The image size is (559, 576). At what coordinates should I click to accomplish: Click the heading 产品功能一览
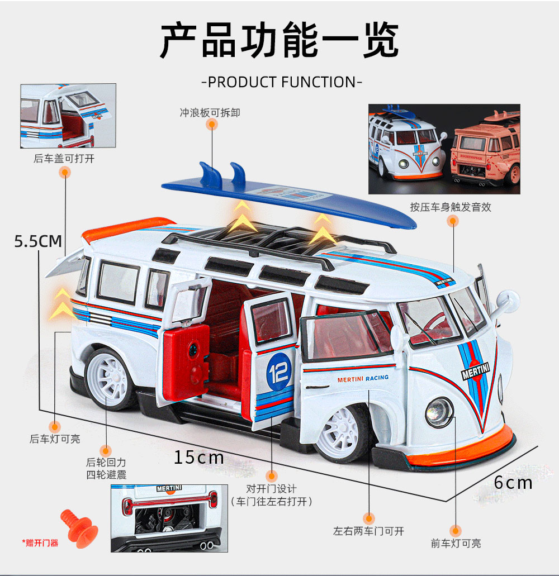tap(279, 40)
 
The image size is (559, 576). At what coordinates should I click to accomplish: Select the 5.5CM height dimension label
tap(38, 241)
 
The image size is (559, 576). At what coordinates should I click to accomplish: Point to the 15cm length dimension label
tap(198, 458)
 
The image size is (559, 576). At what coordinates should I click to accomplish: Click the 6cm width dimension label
tap(513, 482)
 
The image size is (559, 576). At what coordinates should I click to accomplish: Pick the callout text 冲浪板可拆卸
tap(210, 113)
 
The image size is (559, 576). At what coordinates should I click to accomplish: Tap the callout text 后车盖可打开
tap(64, 159)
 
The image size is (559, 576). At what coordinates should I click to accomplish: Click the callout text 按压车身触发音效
tap(451, 207)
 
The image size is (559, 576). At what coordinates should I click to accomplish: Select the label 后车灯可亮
tap(55, 439)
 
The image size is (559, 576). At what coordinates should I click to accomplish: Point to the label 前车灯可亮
tap(456, 543)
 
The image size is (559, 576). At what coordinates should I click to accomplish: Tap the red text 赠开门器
tap(41, 542)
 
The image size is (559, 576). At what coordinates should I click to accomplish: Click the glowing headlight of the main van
tap(439, 411)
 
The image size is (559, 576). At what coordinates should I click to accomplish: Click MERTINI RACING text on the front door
tap(363, 378)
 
